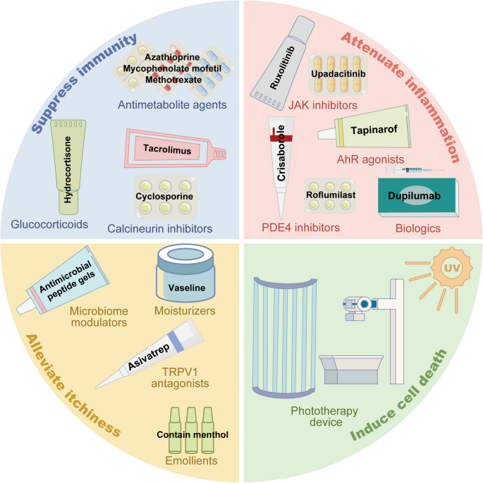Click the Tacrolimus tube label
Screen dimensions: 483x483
[x=167, y=149]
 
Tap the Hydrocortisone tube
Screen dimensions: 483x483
[x=68, y=166]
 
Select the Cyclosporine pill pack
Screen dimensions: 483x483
[x=166, y=197]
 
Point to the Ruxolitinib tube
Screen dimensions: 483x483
[x=283, y=63]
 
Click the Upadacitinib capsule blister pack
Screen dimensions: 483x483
[x=338, y=74]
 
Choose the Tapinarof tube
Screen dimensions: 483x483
[x=365, y=128]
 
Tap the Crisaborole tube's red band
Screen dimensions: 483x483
[x=281, y=138]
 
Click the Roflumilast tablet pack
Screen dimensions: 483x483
[x=330, y=195]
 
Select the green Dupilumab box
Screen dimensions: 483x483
[x=418, y=197]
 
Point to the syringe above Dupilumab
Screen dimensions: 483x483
[x=415, y=170]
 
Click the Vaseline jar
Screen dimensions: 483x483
[x=185, y=273]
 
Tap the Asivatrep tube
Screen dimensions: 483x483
[x=149, y=354]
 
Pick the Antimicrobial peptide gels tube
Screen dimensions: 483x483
[x=63, y=281]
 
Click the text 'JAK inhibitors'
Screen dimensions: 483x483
[x=323, y=105]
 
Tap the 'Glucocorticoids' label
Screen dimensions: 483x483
[x=49, y=224]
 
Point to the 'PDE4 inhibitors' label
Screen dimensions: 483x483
[x=300, y=227]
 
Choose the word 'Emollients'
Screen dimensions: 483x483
[x=191, y=460]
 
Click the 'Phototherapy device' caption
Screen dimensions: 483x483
[x=324, y=416]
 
